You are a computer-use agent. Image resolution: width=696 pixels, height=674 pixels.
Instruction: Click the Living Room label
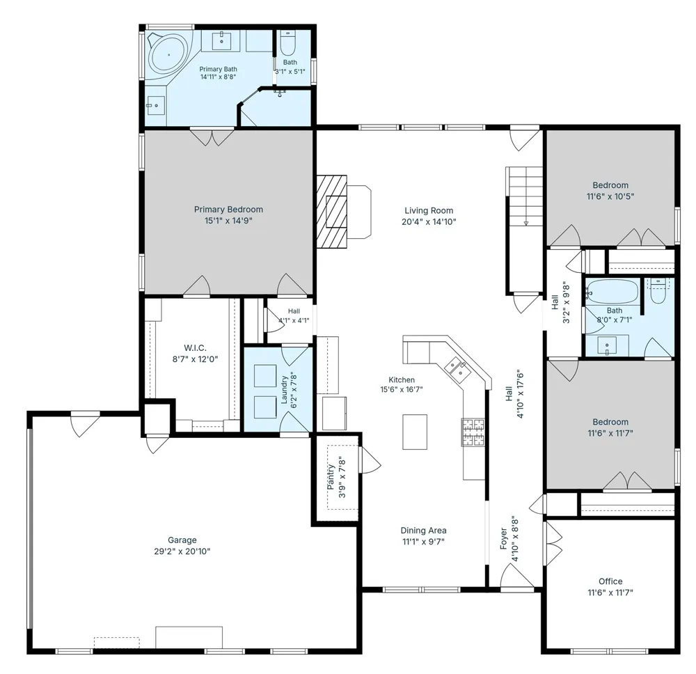click(429, 210)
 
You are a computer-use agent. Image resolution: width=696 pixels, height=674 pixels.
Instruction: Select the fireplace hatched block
click(331, 212)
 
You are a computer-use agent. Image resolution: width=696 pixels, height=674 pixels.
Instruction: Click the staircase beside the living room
click(525, 196)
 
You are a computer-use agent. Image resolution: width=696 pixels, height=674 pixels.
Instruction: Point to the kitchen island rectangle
click(415, 432)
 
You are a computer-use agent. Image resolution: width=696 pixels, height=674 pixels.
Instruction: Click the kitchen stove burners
click(473, 432)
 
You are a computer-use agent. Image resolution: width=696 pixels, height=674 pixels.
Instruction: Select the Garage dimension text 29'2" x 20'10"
click(182, 551)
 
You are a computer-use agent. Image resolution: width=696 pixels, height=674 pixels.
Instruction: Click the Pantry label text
click(331, 477)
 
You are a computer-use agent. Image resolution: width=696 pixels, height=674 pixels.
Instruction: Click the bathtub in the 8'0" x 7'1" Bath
click(612, 291)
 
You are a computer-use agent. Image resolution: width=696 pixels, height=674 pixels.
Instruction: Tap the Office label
click(610, 581)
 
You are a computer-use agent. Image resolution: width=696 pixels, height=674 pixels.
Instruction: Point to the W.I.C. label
click(196, 348)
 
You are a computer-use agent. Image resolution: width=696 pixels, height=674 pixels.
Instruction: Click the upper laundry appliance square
click(265, 376)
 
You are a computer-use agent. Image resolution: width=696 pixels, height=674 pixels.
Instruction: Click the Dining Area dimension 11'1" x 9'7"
click(423, 541)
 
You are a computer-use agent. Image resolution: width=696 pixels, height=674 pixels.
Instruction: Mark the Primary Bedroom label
click(228, 209)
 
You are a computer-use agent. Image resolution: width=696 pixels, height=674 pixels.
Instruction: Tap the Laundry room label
click(285, 390)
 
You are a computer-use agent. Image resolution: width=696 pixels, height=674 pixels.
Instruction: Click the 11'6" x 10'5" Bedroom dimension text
click(610, 196)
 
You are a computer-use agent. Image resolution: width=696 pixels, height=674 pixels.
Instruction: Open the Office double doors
click(553, 544)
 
